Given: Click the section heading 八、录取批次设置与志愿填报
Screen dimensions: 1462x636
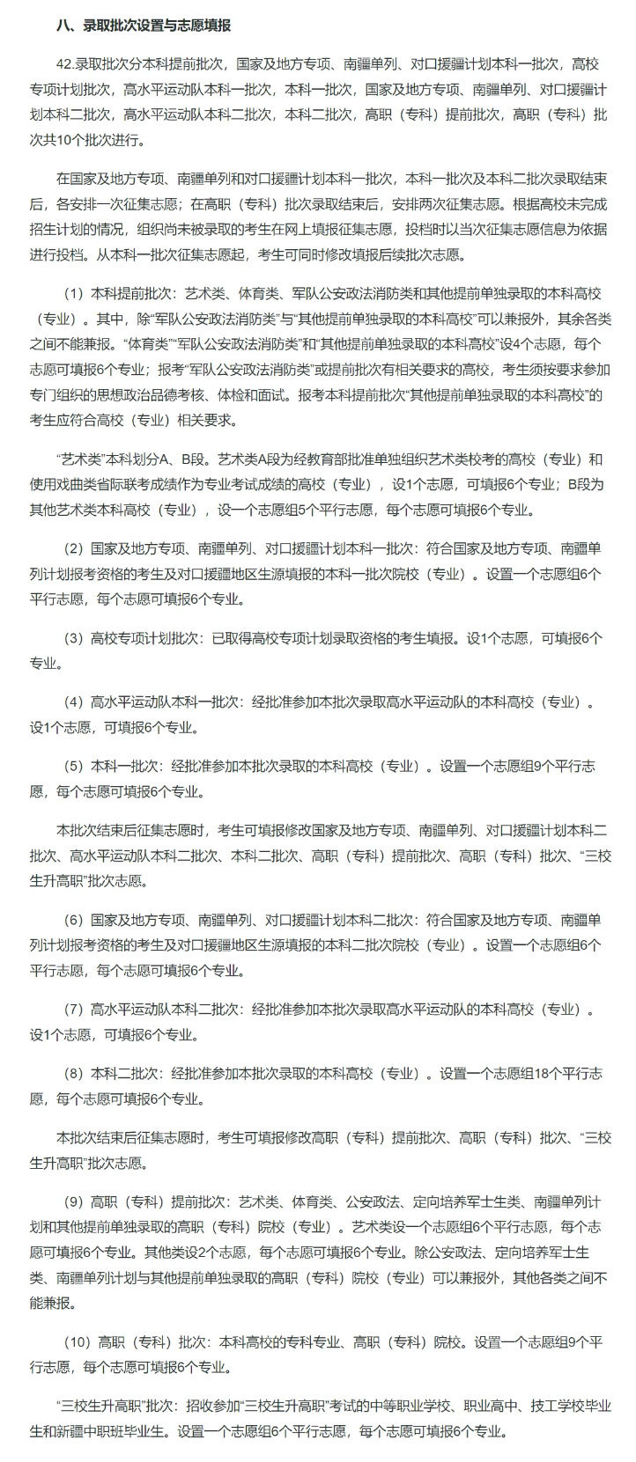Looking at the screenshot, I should [x=143, y=26].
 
